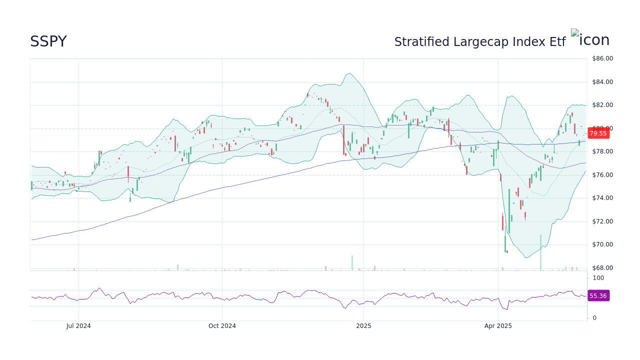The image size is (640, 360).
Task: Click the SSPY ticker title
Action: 48,42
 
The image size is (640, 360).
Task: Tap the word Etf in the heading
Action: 557,42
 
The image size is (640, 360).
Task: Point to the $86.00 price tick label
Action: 602,58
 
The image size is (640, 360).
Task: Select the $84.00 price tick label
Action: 602,82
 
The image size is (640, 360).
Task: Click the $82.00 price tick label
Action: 602,105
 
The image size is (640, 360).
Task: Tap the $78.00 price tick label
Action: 602,151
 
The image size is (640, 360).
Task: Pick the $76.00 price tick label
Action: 602,175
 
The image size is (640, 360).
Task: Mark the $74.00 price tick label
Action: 602,198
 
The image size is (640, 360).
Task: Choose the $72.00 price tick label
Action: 602,221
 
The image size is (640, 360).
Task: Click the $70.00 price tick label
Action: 602,244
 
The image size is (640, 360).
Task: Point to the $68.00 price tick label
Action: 602,268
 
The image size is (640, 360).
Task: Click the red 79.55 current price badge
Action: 598,133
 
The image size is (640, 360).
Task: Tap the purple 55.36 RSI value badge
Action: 598,296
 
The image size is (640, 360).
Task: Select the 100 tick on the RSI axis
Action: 598,278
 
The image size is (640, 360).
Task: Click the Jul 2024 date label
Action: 78,326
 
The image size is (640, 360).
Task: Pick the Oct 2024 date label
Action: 222,326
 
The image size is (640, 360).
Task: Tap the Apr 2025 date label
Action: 498,326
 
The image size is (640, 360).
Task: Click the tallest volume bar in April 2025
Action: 540,252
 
